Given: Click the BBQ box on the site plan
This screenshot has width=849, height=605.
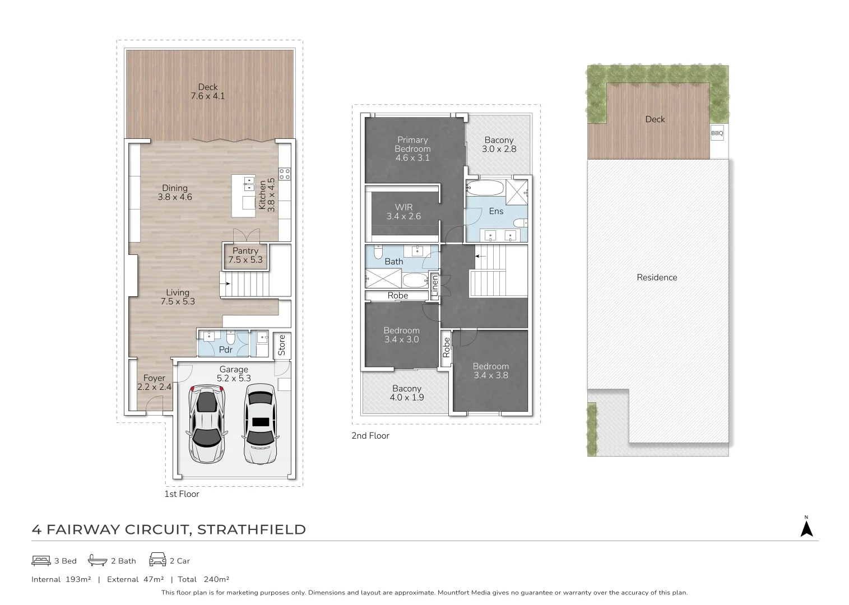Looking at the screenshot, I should (717, 133).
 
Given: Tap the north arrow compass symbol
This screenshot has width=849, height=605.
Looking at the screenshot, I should (806, 528).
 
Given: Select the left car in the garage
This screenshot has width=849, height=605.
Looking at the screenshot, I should (206, 423).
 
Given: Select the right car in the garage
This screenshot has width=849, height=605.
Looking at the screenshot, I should (259, 424).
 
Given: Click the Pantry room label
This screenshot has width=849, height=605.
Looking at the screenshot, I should (245, 255).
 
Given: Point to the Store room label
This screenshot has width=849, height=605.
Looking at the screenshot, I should (282, 345).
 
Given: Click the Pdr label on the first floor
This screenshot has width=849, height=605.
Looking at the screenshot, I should (226, 350).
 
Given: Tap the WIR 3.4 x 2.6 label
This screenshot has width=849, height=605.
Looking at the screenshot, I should (403, 212).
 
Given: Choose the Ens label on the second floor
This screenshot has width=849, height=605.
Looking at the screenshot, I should (496, 211).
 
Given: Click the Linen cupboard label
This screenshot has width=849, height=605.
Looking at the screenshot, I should (434, 286).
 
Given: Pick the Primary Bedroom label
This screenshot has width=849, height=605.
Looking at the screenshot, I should (412, 148).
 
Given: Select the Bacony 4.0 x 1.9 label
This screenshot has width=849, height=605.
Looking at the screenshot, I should (407, 393).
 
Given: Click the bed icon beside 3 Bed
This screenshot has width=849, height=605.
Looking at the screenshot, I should (41, 560).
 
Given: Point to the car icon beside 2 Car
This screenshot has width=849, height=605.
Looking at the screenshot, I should (157, 560).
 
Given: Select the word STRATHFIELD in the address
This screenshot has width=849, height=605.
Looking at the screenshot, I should (252, 529).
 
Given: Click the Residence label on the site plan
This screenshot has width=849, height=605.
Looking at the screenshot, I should (657, 277).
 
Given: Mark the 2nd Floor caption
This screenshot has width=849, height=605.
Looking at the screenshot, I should (370, 435).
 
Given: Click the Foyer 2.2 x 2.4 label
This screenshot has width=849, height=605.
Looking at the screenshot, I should (154, 382).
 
